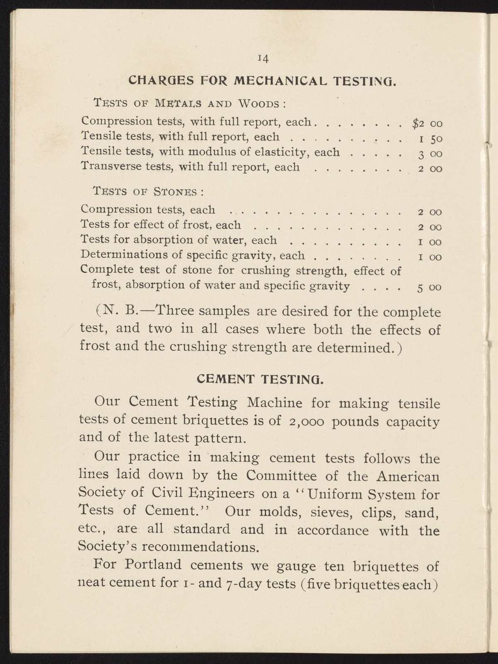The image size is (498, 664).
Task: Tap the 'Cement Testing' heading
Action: (x=259, y=379)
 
